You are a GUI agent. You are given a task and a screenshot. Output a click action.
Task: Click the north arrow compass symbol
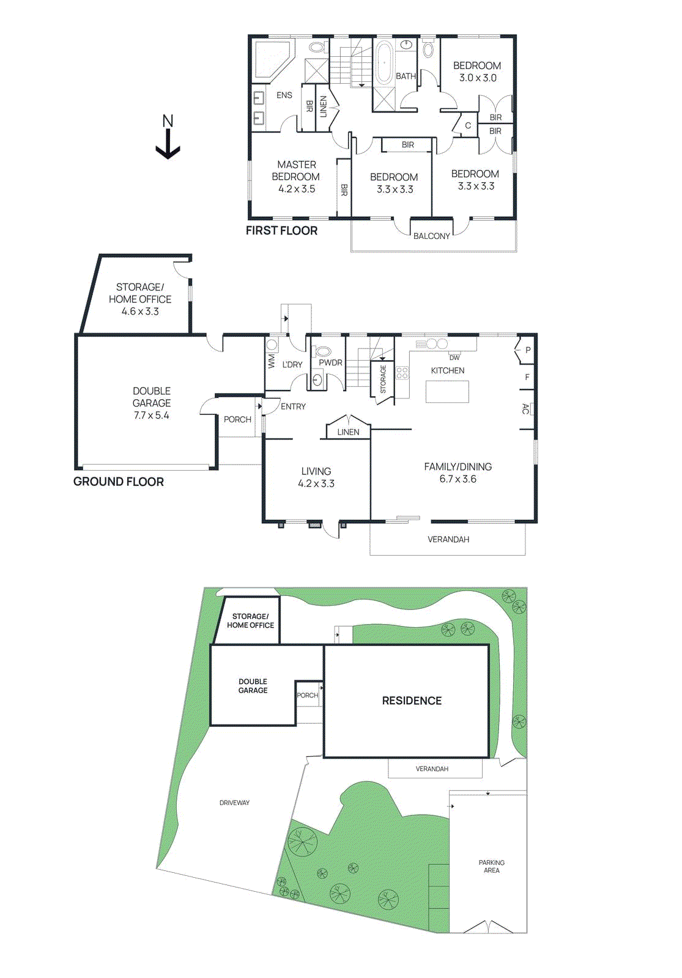168,138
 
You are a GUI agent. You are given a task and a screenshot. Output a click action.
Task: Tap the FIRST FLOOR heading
281,230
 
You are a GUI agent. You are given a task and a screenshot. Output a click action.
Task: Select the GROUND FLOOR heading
119,482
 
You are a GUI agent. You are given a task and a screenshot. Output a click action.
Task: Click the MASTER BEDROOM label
296,171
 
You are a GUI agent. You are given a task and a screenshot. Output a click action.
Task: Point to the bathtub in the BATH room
384,63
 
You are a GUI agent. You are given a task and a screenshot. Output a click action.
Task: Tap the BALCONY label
431,236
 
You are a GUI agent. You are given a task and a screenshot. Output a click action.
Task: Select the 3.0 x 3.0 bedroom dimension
478,78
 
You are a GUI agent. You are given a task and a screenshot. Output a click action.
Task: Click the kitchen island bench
447,391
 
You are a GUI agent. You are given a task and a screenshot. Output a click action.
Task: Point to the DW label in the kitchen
454,358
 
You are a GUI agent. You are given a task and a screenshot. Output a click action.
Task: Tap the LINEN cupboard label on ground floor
348,432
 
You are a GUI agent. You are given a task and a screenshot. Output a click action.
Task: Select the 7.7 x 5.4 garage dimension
151,415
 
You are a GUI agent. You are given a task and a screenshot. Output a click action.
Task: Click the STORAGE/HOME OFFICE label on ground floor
140,293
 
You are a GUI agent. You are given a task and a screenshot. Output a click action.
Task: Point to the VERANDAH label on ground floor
448,539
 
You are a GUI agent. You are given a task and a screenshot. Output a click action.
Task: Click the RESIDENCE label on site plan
412,700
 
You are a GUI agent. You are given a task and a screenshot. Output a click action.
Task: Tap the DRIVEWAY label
234,803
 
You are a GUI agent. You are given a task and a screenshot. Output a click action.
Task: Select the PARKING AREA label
491,866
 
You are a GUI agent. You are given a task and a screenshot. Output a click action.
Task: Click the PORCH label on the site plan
307,695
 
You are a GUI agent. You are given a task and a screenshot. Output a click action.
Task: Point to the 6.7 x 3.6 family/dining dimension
458,479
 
